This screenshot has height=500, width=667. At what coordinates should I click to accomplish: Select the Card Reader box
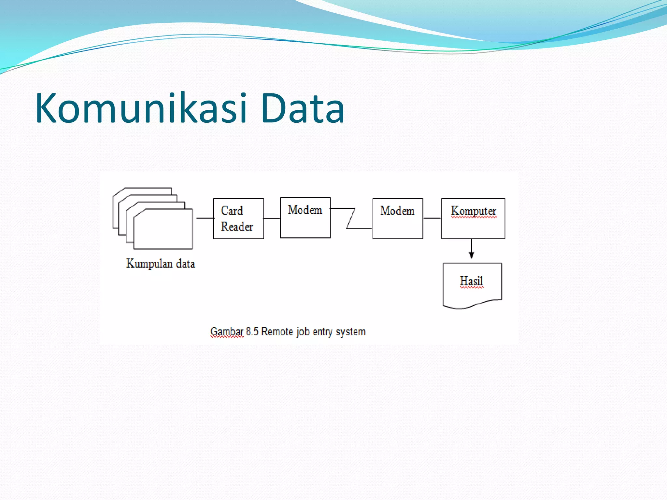click(x=238, y=219)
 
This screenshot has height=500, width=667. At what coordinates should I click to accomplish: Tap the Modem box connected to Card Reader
click(x=305, y=218)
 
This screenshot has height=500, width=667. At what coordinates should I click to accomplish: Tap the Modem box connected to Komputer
click(x=398, y=219)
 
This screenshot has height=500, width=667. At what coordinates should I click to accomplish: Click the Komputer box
click(x=473, y=219)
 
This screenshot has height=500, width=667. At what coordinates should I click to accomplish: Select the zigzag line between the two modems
click(x=351, y=218)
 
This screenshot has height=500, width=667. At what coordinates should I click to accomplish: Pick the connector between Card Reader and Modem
click(x=272, y=218)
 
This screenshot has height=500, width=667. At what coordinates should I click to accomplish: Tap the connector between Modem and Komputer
click(x=432, y=218)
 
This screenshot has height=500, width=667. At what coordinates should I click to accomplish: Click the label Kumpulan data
click(x=161, y=263)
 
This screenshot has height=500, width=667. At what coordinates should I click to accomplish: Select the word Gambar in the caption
click(x=227, y=332)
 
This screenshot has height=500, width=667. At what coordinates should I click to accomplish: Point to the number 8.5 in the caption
click(x=252, y=331)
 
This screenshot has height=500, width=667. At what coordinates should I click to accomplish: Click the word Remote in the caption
click(x=277, y=331)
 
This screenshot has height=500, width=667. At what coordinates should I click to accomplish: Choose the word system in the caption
click(x=350, y=332)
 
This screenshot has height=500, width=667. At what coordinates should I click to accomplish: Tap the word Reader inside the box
click(x=237, y=227)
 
